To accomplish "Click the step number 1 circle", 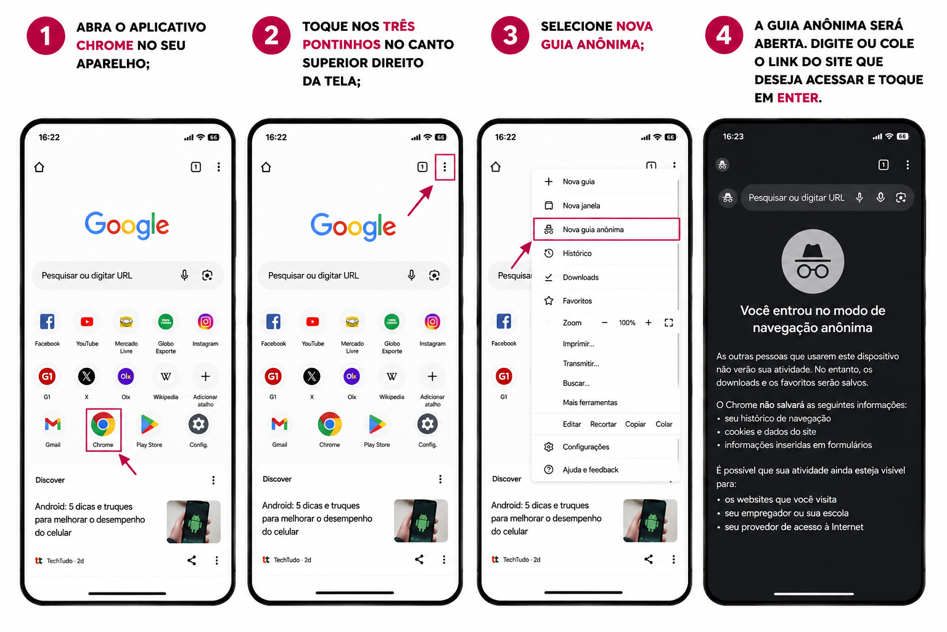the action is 46,36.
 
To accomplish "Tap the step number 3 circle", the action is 510,35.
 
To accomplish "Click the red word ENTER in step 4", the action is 797,98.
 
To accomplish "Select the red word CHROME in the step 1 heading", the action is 105,45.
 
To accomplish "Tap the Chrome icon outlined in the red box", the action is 103,424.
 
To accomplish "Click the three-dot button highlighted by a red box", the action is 445,167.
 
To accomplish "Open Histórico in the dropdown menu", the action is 576,253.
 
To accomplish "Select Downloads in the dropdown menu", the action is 580,277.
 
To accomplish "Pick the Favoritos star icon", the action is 549,301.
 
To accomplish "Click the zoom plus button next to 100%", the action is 648,323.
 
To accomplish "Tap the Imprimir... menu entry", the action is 578,344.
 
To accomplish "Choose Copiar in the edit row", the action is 635,424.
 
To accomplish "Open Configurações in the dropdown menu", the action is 586,447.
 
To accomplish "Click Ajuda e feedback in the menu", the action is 590,470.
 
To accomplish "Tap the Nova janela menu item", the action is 581,206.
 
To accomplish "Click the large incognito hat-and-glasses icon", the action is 813,261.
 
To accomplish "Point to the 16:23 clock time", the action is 732,137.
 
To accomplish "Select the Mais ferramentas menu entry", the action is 590,402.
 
